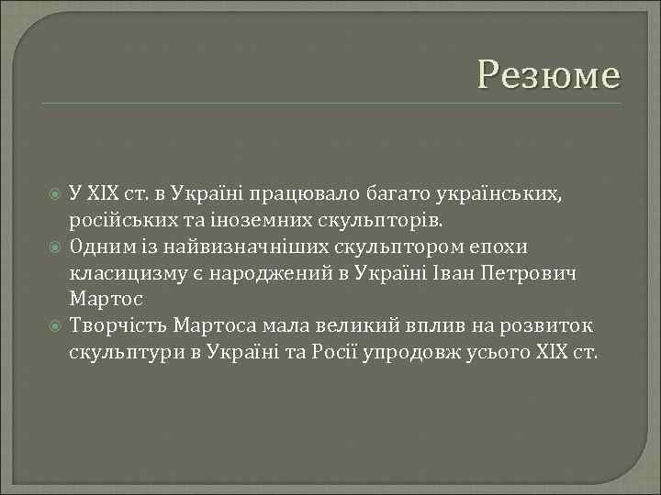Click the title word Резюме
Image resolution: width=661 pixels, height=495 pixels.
pyautogui.click(x=549, y=74)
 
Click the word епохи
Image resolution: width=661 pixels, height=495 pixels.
pyautogui.click(x=501, y=247)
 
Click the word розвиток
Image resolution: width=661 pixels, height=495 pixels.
pyautogui.click(x=551, y=327)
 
